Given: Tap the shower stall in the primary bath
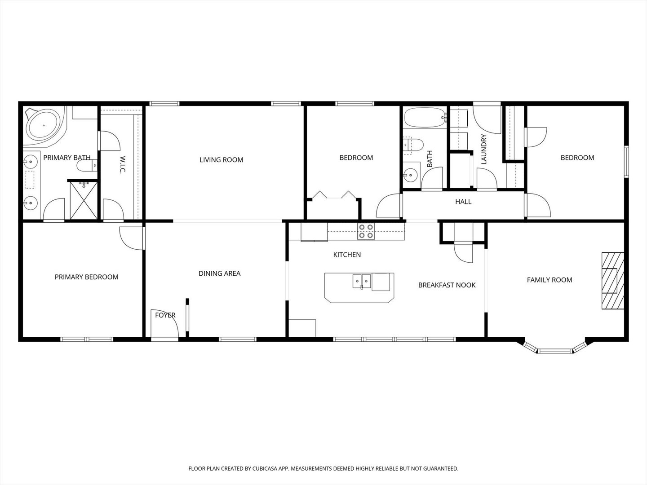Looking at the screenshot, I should pos(84,200).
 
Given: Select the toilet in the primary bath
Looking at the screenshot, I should pos(87,166).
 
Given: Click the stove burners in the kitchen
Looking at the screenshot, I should pos(366,231).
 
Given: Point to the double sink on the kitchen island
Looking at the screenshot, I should pos(361,282).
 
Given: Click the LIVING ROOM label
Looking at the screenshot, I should pos(221,160).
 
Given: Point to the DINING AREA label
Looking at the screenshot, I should pos(219,273).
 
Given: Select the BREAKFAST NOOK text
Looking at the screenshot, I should pos(447,285).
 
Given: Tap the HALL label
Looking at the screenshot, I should pos(463,202).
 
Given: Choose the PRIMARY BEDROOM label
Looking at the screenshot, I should pos(86,277).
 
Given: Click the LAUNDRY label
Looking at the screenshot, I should pos(484,149).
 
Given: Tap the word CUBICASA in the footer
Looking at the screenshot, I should pos(255,468).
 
